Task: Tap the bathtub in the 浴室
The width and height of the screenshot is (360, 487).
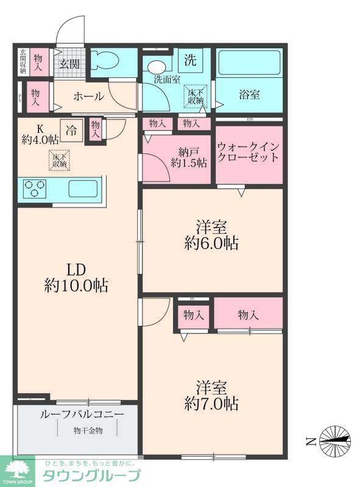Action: coord(249,63)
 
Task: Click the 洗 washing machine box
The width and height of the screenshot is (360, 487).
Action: coord(191,60)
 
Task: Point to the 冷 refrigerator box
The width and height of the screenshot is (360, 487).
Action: coord(72,130)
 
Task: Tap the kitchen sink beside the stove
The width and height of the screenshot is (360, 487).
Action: coord(83,188)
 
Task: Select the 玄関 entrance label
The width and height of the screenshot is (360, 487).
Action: coord(69,63)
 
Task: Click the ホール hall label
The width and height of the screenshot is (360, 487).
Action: coord(88,97)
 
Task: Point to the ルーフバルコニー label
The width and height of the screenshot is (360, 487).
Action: coord(82,415)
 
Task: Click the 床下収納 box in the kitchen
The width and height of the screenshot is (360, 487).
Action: coord(60,159)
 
